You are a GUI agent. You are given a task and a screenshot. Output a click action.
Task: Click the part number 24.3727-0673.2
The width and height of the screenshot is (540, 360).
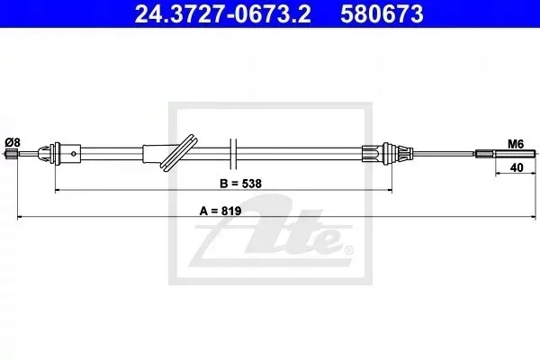coord(223,13)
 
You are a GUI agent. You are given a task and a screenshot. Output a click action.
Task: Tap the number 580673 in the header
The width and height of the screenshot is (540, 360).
coord(382,13)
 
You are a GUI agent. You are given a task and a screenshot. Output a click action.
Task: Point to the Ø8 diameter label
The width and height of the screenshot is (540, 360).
coord(13,142)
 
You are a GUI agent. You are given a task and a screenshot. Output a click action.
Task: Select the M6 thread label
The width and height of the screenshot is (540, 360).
coord(516,144)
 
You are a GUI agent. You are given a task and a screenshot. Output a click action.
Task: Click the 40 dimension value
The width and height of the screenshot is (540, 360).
coord(517,167)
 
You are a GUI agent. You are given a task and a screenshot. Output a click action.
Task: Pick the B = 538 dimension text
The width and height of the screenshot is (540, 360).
coord(240,184)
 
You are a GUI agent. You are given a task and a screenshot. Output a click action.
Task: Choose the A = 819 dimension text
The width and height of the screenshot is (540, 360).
coord(220,211)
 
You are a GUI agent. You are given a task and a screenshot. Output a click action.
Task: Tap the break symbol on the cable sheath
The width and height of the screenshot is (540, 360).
coord(233,154)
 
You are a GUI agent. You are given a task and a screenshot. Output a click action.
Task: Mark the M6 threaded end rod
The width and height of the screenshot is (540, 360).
coord(506,154)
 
